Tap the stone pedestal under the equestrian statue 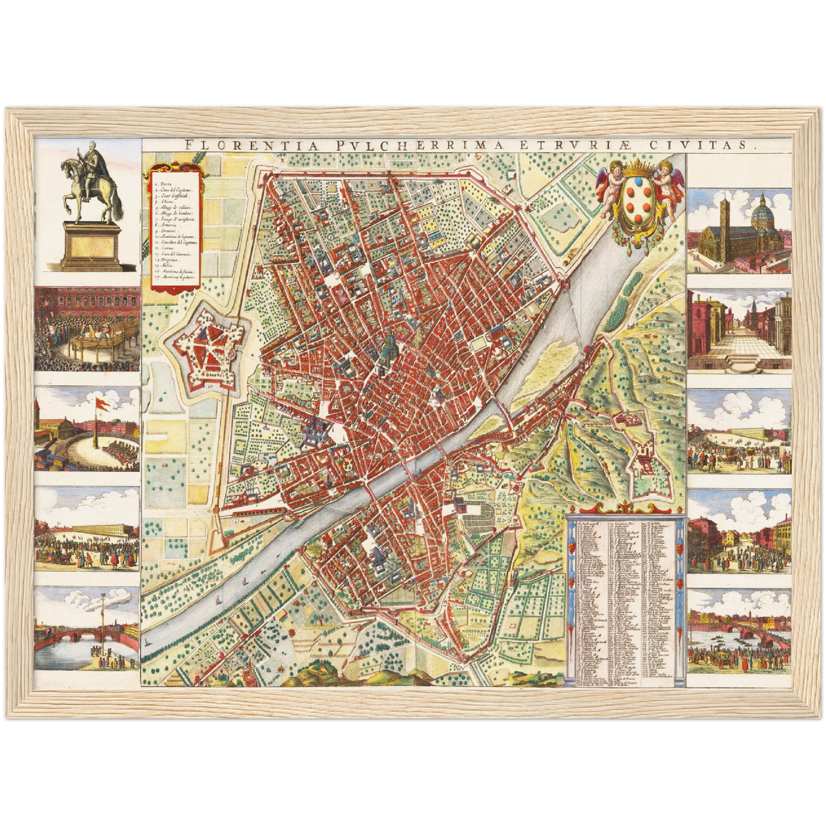[x=91, y=246]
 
